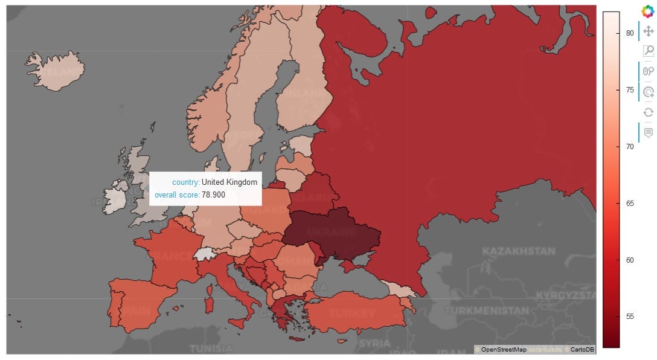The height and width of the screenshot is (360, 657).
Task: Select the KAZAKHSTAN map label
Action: point(518,251)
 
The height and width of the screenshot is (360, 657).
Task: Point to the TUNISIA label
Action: point(211,349)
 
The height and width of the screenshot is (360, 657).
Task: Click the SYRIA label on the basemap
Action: point(374,342)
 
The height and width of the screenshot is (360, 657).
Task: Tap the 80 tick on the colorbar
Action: point(630,33)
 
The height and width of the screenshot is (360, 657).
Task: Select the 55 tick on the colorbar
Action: point(630,317)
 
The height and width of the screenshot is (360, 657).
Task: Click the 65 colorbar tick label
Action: point(630,204)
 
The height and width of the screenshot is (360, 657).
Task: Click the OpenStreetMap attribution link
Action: point(503,350)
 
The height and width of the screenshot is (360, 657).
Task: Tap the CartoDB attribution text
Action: point(582,350)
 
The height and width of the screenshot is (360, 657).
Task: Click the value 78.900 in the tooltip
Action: point(213,194)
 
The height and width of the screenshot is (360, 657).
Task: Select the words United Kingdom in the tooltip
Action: point(229,182)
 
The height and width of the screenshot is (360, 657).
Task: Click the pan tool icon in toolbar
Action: point(648,31)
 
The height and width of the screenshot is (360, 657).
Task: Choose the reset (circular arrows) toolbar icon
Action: point(648,112)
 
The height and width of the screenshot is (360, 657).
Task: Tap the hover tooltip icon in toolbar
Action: point(648,132)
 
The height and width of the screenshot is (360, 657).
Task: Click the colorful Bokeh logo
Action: point(648,10)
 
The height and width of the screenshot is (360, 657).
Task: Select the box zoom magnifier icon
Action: point(648,51)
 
